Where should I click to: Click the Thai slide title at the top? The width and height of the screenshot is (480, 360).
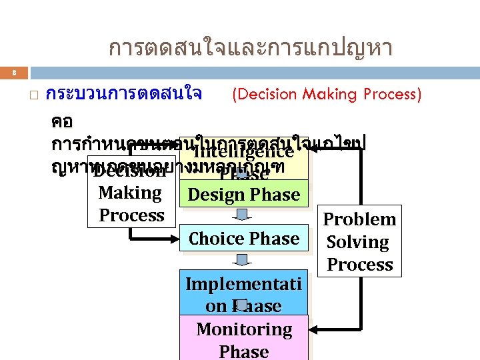250,48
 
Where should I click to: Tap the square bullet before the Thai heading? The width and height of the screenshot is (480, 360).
34,97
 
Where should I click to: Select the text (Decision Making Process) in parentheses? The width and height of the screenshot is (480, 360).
326,95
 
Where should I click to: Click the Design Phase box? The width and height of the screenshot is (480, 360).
244,195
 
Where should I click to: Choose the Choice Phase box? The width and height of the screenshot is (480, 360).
244,239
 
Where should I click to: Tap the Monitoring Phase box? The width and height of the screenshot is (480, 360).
244,339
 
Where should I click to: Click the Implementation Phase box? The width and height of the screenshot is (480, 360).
244,294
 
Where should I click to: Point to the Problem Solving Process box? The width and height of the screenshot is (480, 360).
360,241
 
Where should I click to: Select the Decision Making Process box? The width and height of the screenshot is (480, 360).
131,193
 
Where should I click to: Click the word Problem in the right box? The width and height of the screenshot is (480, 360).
360,219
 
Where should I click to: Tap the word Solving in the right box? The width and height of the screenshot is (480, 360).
358,242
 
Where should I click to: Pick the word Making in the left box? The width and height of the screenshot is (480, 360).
131,193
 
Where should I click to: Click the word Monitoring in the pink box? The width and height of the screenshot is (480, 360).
244,329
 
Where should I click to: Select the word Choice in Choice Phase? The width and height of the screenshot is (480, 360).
217,239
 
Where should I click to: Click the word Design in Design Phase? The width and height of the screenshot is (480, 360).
214,195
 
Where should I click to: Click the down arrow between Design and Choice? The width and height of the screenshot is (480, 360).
244,215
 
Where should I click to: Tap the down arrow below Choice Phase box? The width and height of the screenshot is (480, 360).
244,259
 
